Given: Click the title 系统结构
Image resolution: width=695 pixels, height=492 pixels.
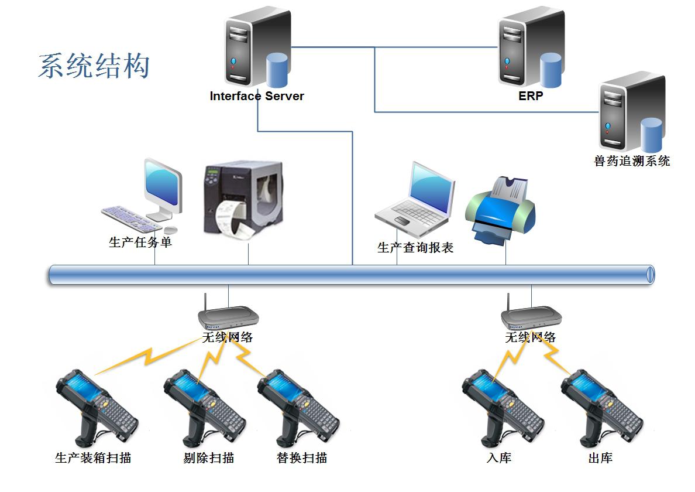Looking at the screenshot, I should pyautogui.click(x=94, y=66).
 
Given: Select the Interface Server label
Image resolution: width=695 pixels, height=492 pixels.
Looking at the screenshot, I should pyautogui.click(x=257, y=97).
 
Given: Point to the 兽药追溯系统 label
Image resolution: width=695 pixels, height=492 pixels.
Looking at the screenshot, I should pyautogui.click(x=632, y=161).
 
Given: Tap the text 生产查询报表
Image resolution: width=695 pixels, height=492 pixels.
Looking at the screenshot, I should pyautogui.click(x=415, y=248).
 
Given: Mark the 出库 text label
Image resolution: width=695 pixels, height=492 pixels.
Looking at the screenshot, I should pyautogui.click(x=600, y=458).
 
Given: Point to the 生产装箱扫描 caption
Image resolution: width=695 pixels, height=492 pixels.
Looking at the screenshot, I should pyautogui.click(x=93, y=458).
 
